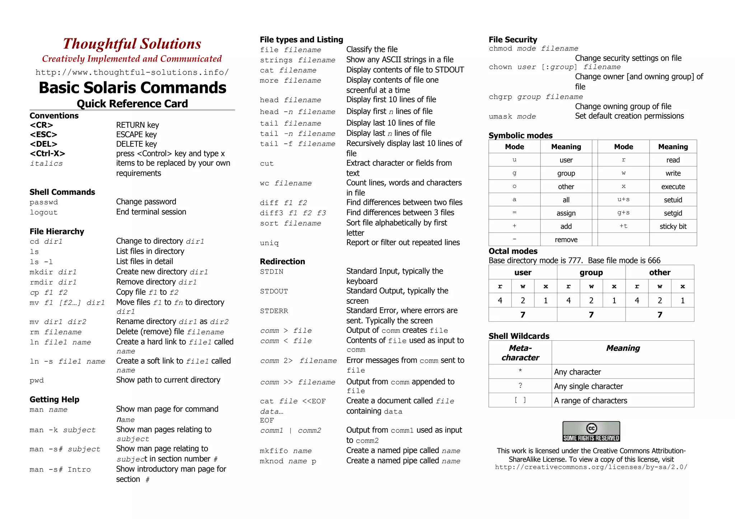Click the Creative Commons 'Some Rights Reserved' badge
coord(591,431)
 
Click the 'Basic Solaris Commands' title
coord(132,88)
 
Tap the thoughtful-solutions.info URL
coord(132,72)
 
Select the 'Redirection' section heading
coord(282,261)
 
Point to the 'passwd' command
coord(44,202)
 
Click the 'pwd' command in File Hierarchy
coord(37,381)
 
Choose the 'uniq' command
coord(269,243)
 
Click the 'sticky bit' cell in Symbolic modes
coord(673,226)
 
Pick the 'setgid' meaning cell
coord(673,213)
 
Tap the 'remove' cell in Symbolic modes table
coord(566,240)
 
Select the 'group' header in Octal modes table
coord(591,273)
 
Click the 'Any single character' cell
coord(589,386)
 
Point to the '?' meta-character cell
coord(520,386)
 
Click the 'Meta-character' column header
coord(520,353)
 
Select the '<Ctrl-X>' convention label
coord(47,154)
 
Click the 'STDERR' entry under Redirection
coord(274,311)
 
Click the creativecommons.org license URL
coord(591,467)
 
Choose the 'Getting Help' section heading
coord(55,400)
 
